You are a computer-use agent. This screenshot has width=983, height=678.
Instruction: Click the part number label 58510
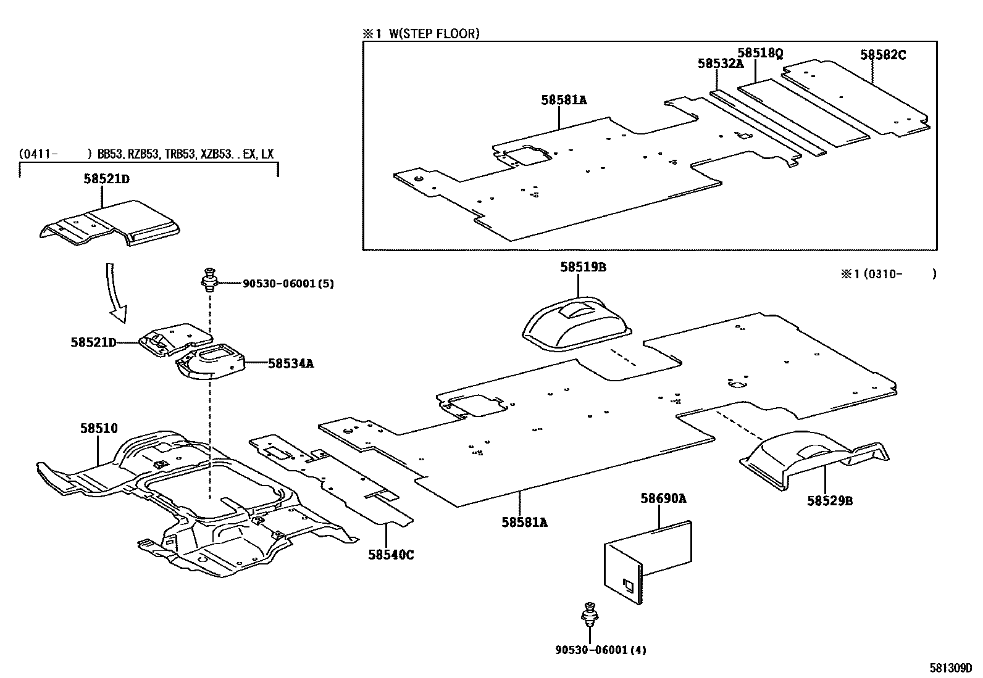click(99, 428)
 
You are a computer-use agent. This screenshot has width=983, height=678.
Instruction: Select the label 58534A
click(290, 364)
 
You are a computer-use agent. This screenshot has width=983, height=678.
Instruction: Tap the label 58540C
click(391, 555)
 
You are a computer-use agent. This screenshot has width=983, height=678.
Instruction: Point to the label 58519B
click(583, 267)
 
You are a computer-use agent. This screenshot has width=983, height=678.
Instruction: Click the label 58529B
click(829, 501)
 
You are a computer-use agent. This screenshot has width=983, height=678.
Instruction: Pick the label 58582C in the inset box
click(883, 55)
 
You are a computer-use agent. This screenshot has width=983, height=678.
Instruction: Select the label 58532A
click(721, 63)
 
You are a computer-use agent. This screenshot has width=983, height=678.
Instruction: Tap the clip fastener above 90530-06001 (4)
click(590, 614)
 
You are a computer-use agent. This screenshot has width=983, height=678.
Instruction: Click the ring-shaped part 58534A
click(211, 363)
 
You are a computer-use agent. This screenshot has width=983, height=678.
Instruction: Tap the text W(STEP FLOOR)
click(433, 33)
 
